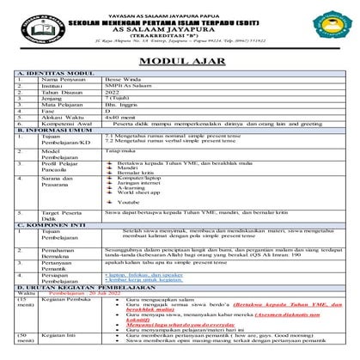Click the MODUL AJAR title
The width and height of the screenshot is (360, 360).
180,60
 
